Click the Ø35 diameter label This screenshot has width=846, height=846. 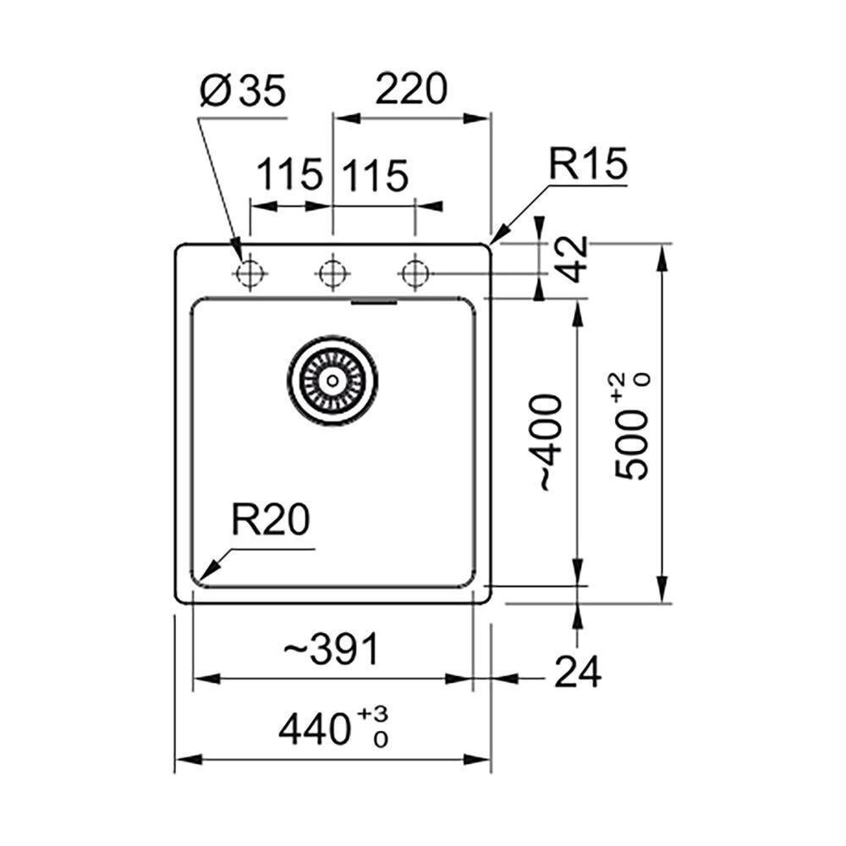(x=242, y=91)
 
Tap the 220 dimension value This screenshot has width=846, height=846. (x=411, y=89)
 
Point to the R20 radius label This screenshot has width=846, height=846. (x=271, y=519)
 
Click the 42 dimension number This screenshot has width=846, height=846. (x=573, y=258)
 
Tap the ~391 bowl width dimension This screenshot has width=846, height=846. (x=332, y=649)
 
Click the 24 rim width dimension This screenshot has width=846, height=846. (x=578, y=672)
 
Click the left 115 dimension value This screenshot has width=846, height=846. (x=289, y=175)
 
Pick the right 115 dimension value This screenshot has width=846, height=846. (x=376, y=175)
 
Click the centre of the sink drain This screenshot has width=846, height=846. (x=332, y=381)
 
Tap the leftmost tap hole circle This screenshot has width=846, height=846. (x=250, y=273)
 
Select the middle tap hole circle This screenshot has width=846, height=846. (x=332, y=273)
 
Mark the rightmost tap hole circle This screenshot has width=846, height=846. (x=415, y=273)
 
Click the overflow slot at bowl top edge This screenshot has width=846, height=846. (x=375, y=302)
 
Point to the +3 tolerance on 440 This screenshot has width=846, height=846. (x=372, y=714)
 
